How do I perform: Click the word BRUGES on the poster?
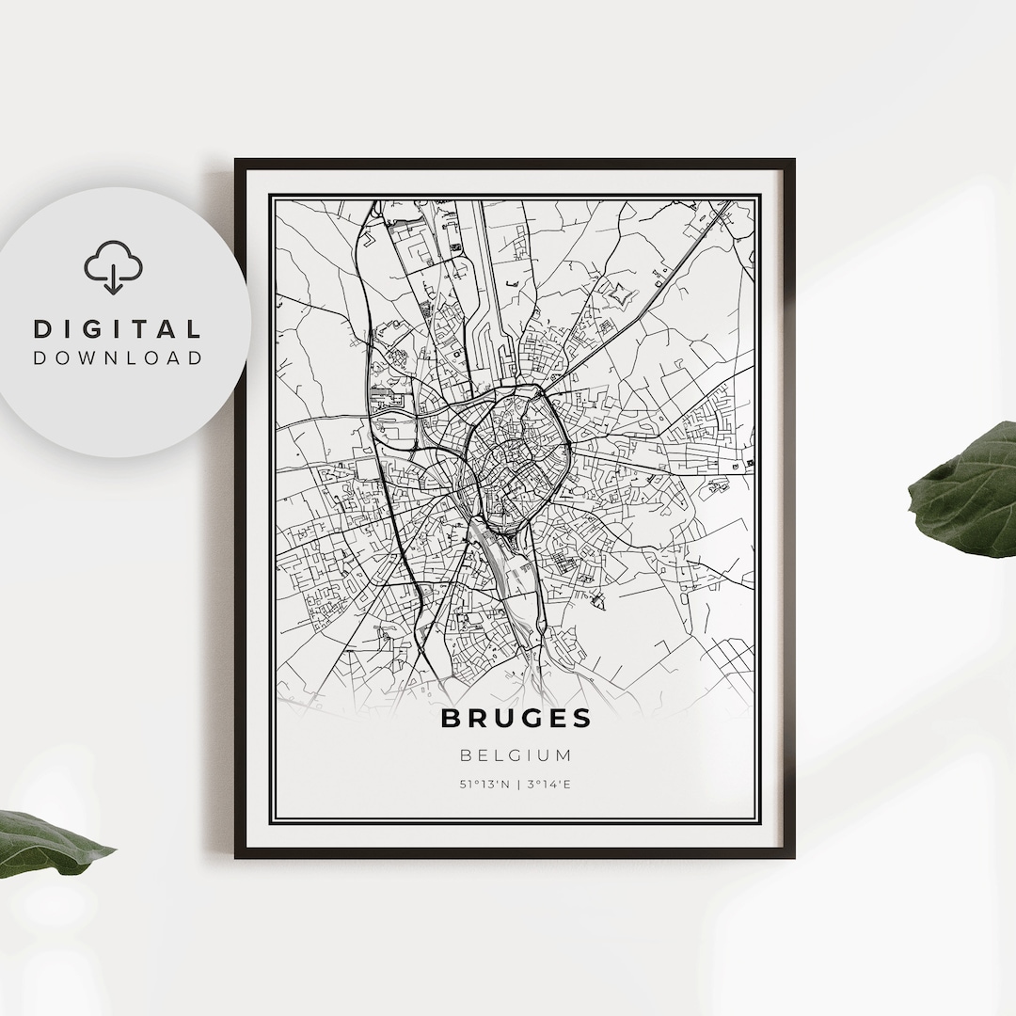coord(516,719)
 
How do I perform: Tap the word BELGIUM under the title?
coord(516,754)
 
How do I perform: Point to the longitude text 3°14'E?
coord(548,783)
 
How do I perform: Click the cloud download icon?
coord(113,267)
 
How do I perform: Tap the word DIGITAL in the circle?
coord(118,329)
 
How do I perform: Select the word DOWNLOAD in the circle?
coord(118,357)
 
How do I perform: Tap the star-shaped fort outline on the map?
coord(621,297)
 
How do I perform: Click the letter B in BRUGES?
coord(451,719)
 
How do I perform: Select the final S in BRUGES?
coord(583,719)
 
